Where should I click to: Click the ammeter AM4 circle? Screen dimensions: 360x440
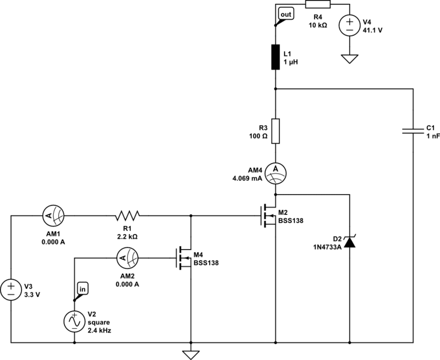[275, 173]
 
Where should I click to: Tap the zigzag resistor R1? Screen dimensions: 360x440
[128, 214]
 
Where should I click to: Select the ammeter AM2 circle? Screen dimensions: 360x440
[127, 256]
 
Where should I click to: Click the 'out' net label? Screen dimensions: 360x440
[285, 13]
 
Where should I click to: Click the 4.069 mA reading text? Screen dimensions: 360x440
[246, 178]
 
